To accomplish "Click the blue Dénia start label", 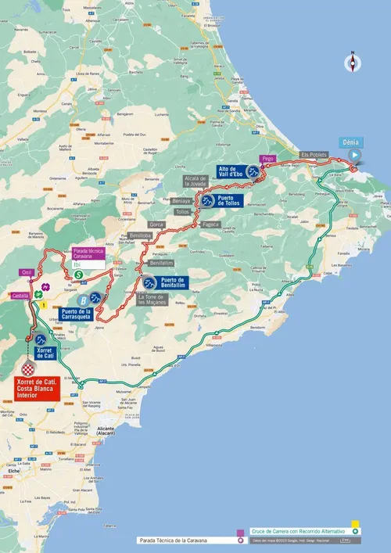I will pos(350,142).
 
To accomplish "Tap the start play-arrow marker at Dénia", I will pos(353,155).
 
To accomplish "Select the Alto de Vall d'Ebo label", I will pos(233,171).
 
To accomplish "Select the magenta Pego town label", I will pos(267,158).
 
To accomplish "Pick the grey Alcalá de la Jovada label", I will pos(195,181).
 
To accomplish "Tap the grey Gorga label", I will pos(156,224).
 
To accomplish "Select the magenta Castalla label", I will pos(22,295).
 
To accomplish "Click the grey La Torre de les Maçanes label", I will pos(151,300).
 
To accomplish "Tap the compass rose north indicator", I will pos(353,62).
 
